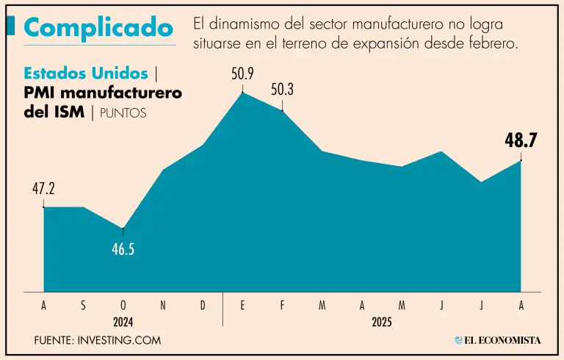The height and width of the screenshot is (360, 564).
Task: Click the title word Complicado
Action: click(x=99, y=27)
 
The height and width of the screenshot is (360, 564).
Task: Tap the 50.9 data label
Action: click(x=242, y=74)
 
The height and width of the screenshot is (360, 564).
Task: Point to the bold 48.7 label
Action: click(x=521, y=140)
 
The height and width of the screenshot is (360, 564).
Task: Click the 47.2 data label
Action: click(x=43, y=189)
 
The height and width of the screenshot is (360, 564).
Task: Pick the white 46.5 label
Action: click(x=123, y=249)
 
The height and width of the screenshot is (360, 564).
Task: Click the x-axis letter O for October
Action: click(x=123, y=304)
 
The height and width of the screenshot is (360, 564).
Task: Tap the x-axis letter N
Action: click(x=163, y=304)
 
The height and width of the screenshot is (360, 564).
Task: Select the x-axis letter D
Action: click(x=203, y=304)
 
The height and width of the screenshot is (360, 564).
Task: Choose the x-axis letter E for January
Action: click(x=242, y=304)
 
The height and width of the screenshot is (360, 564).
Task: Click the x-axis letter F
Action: click(x=282, y=304)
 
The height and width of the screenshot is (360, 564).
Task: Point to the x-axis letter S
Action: click(x=83, y=304)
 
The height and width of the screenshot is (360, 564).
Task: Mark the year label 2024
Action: click(x=123, y=321)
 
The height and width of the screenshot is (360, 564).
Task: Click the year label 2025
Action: click(x=382, y=321)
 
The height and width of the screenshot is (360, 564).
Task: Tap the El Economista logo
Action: click(x=498, y=340)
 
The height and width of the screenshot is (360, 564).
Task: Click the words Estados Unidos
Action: click(x=87, y=73)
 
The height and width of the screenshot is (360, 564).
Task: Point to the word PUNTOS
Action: click(x=123, y=113)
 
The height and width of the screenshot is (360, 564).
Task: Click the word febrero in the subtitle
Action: click(x=495, y=43)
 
